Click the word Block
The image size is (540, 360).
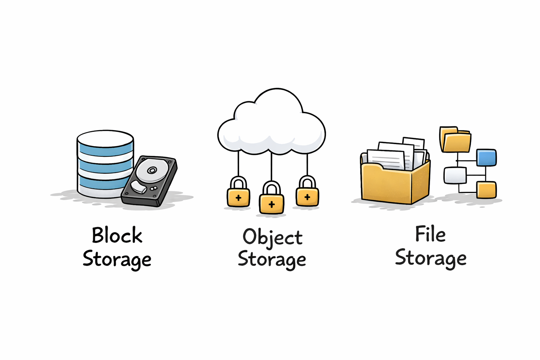tap(117, 235)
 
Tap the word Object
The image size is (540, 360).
tap(272, 237)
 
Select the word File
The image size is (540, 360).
tap(430, 234)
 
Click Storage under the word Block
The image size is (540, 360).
tap(117, 259)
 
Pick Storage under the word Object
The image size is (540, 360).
tap(272, 259)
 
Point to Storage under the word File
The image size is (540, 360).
tap(431, 258)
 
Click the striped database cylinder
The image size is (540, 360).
tap(105, 165)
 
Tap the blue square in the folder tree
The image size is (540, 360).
tap(486, 157)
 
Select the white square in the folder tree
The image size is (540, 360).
tap(455, 175)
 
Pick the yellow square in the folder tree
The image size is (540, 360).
tap(486, 190)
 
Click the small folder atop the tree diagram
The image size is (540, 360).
tap(456, 140)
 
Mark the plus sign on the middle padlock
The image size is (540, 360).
tap(271, 204)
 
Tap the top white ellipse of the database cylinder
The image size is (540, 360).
tap(105, 139)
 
